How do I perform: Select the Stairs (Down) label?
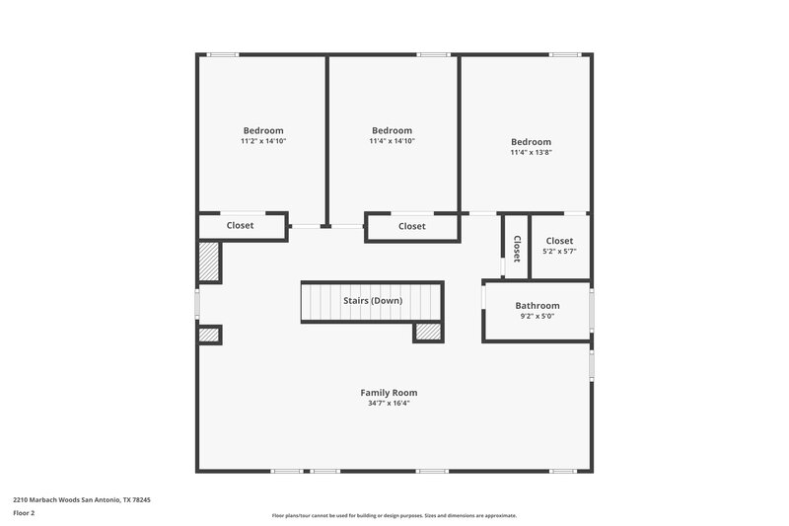pyautogui.click(x=372, y=300)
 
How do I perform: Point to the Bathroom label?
pyautogui.click(x=537, y=306)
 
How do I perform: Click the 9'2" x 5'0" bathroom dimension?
pyautogui.click(x=537, y=317)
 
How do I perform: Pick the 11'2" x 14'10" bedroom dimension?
pyautogui.click(x=263, y=141)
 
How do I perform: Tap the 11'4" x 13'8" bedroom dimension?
pyautogui.click(x=531, y=152)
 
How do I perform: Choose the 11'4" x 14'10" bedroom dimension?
pyautogui.click(x=392, y=141)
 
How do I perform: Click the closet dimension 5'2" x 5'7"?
pyautogui.click(x=559, y=252)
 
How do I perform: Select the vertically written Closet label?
pyautogui.click(x=516, y=247)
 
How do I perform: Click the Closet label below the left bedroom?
pyautogui.click(x=240, y=226)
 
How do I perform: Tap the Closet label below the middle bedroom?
pyautogui.click(x=411, y=227)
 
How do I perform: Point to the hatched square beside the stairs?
pyautogui.click(x=428, y=333)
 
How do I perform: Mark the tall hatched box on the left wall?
pyautogui.click(x=209, y=262)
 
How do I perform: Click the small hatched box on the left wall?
pyautogui.click(x=208, y=336)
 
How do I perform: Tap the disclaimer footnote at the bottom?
pyautogui.click(x=394, y=515)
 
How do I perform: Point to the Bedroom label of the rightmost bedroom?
pyautogui.click(x=531, y=141)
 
